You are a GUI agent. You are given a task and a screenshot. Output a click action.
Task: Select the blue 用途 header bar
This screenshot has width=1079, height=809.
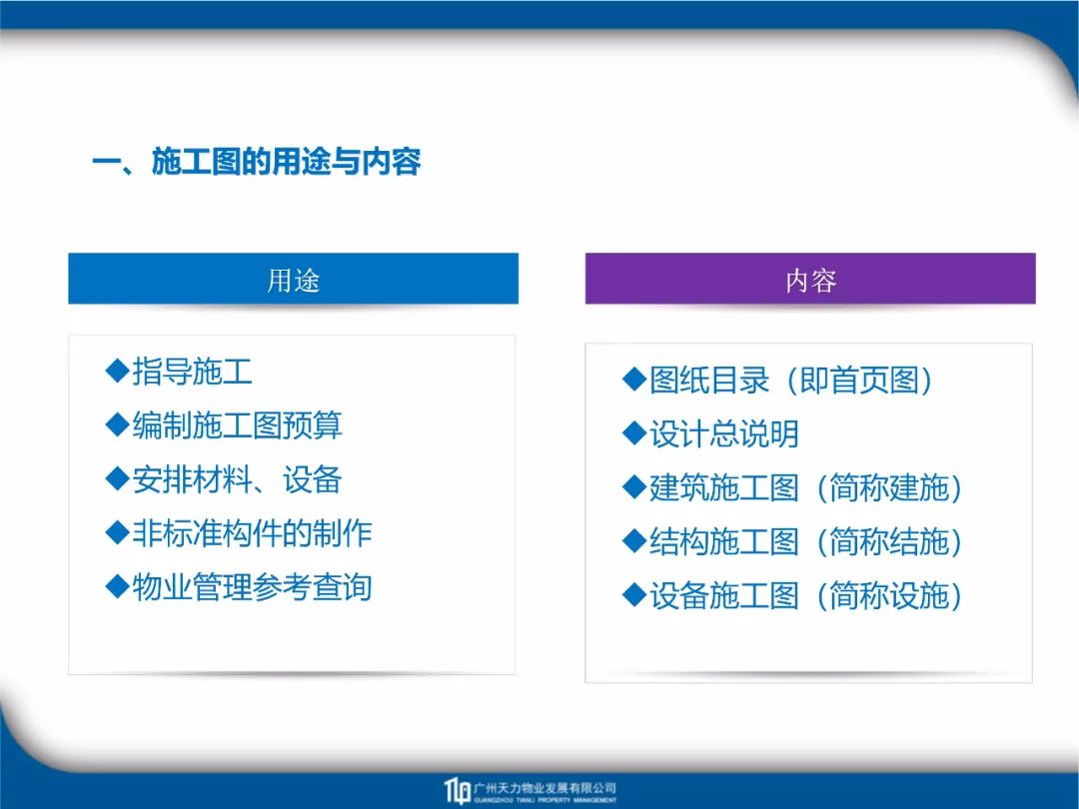point(293,279)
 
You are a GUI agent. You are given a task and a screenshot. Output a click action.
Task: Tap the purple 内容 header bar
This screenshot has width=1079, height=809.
point(810,279)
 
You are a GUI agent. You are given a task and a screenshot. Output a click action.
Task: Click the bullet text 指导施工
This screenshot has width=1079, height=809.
point(192,372)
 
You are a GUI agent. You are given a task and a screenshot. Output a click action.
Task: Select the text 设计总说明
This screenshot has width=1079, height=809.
point(724,434)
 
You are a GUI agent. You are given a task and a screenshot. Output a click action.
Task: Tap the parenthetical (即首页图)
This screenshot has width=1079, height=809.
point(859,381)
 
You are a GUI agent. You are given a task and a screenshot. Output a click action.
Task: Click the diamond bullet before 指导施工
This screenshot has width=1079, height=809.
point(118,371)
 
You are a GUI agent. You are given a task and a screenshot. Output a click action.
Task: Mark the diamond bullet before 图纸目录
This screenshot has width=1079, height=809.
point(633,380)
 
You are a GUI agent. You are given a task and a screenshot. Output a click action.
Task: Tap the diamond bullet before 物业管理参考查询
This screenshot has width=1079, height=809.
point(118,587)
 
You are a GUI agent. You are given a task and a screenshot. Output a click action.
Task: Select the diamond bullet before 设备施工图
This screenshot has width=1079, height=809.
point(633,595)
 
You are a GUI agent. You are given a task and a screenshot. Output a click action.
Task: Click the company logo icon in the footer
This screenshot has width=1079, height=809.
point(457,790)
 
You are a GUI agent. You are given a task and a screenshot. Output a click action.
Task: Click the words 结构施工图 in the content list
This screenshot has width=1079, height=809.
point(724,542)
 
